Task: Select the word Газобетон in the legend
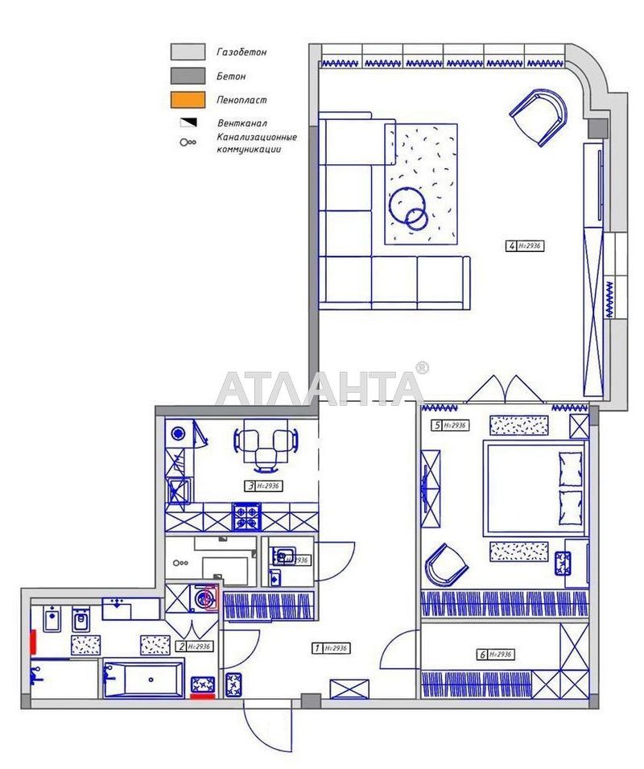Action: (x=242, y=52)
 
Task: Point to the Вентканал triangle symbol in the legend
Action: (x=187, y=123)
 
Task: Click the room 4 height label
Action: (x=527, y=246)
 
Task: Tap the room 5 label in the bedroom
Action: (x=449, y=425)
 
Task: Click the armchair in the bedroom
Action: (x=446, y=564)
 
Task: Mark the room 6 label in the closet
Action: (x=494, y=655)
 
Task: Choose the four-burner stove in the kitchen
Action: (x=248, y=516)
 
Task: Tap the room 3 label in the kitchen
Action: (x=263, y=486)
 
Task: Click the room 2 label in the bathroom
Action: (x=194, y=646)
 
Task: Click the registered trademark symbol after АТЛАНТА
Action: (x=422, y=368)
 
